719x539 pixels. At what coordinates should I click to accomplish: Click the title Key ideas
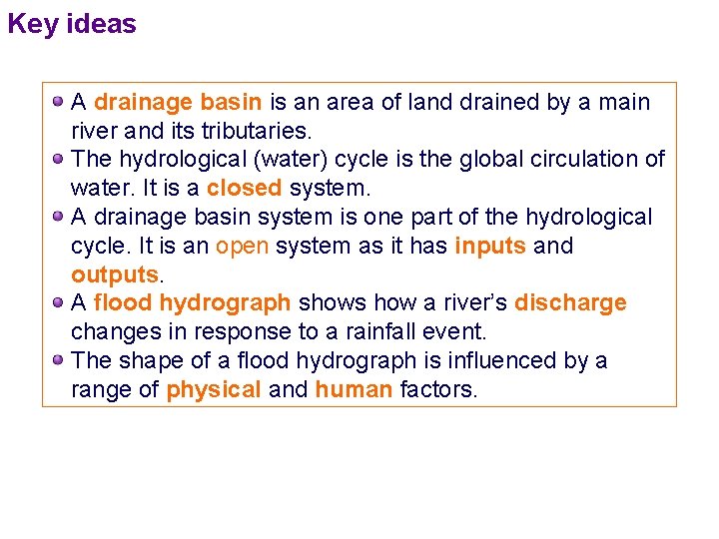72,24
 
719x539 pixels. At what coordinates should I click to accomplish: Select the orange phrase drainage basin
178,102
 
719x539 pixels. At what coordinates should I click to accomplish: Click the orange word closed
245,188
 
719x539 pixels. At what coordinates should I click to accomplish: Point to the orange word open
243,246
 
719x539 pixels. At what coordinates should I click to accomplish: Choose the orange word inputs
490,246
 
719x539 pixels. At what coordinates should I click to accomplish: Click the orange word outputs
115,274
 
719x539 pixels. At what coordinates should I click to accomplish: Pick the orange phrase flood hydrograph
192,302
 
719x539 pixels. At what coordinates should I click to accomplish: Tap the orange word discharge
570,302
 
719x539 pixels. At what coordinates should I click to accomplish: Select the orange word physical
214,389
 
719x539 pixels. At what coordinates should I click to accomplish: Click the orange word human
354,389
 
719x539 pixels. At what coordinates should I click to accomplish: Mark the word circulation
582,160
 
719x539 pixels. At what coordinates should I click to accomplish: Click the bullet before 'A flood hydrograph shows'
59,302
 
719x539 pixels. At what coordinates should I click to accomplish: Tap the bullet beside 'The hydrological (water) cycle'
59,159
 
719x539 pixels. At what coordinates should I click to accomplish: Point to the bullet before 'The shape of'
59,360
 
